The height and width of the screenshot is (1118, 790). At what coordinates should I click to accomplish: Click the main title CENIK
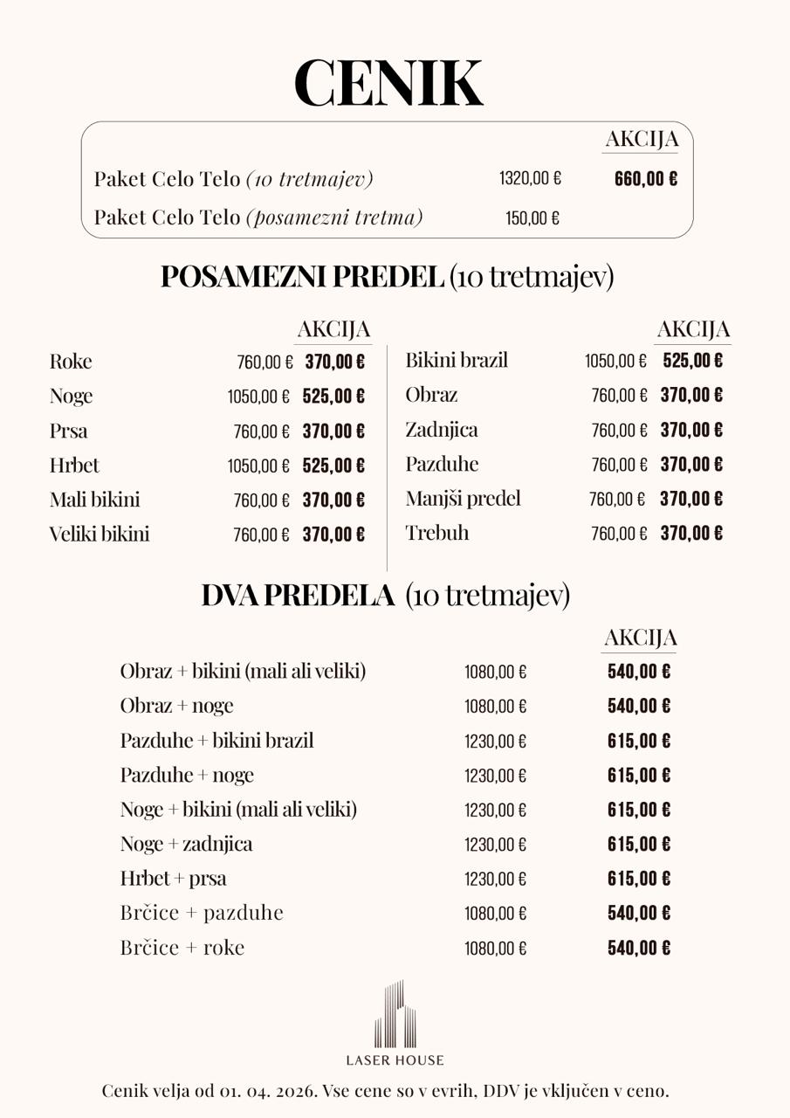[388, 83]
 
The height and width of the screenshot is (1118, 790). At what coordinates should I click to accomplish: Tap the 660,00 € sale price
[645, 179]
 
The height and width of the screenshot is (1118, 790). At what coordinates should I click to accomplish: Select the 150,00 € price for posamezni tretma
[532, 218]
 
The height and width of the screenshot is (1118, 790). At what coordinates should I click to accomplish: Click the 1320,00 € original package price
[530, 179]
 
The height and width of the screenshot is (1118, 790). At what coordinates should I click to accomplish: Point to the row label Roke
[71, 362]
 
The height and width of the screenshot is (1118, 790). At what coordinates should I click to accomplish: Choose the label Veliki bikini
[100, 534]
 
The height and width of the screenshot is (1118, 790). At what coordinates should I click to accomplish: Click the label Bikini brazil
[457, 360]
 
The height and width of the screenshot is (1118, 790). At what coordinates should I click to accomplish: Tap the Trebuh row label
[437, 533]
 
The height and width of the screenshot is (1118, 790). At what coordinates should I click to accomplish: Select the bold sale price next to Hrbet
[333, 466]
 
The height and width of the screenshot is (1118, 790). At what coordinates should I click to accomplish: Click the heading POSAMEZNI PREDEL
[301, 277]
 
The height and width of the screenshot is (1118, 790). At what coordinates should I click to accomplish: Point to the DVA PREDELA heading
[298, 596]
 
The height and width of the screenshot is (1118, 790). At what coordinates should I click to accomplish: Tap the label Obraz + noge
[176, 706]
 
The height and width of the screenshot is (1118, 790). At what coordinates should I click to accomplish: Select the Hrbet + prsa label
[173, 878]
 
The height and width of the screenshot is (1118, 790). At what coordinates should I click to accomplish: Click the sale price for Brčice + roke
[639, 948]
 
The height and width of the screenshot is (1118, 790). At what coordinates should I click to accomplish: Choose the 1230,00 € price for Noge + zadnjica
[495, 845]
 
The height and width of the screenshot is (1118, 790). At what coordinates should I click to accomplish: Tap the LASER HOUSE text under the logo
[395, 1060]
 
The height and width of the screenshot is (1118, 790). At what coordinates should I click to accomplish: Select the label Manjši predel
[463, 499]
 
